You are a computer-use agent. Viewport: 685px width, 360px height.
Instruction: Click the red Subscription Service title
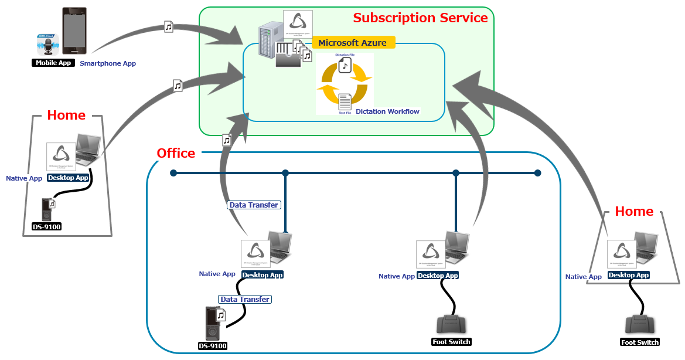420,18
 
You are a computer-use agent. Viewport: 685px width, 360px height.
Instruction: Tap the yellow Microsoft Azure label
353,43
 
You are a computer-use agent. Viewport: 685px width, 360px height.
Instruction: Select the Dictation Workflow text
387,111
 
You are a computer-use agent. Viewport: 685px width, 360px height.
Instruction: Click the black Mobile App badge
53,63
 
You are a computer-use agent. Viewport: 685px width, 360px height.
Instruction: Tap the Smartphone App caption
108,63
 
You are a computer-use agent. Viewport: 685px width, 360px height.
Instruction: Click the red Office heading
176,154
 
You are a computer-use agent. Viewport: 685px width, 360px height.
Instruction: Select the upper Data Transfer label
254,205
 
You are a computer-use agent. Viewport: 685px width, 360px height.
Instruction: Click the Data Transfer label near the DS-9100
245,299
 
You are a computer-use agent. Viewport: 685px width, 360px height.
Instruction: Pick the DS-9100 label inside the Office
213,346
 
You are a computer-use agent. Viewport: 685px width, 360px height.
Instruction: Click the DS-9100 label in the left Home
47,226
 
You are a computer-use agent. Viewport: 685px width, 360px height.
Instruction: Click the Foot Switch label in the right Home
640,342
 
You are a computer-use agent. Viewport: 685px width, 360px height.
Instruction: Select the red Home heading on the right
634,212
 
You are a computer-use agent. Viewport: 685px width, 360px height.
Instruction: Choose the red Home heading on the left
66,116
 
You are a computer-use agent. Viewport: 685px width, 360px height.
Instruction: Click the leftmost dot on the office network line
173,173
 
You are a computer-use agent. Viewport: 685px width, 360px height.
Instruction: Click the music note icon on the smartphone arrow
169,27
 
